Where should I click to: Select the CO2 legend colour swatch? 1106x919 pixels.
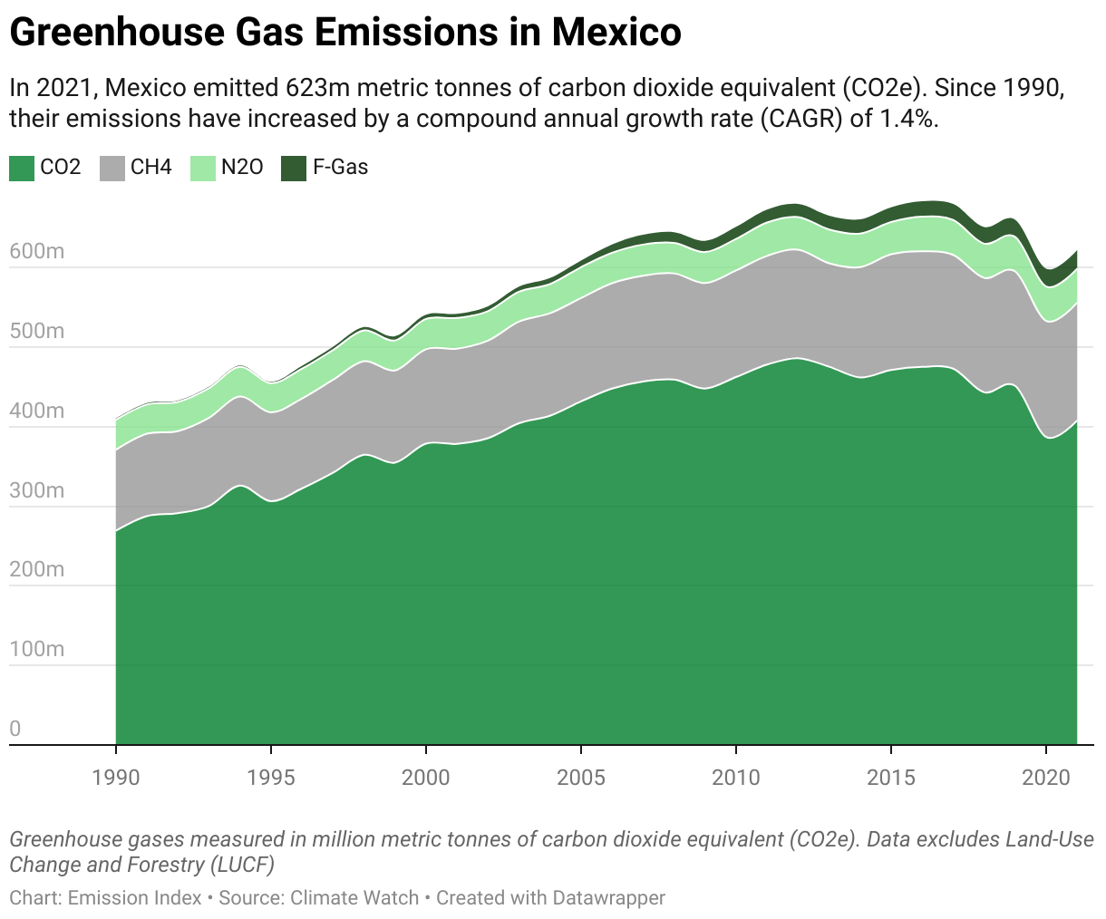[x=22, y=168]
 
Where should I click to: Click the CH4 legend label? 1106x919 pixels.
[x=150, y=168]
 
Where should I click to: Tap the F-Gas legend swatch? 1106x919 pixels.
[x=294, y=168]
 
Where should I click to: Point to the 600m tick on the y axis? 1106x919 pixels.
[x=37, y=251]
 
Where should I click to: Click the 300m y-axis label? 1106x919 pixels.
[x=37, y=490]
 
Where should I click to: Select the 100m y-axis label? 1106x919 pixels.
[x=37, y=649]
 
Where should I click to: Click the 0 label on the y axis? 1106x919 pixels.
[x=15, y=729]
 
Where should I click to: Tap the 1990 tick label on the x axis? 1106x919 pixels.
[x=116, y=777]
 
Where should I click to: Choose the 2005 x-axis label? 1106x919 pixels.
[x=581, y=777]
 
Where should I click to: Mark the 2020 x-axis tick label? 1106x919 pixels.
[x=1046, y=777]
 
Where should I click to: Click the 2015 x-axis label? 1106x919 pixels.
[x=891, y=777]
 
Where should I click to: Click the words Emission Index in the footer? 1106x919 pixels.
[x=135, y=898]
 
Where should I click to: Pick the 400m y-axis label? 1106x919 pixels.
[x=37, y=411]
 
